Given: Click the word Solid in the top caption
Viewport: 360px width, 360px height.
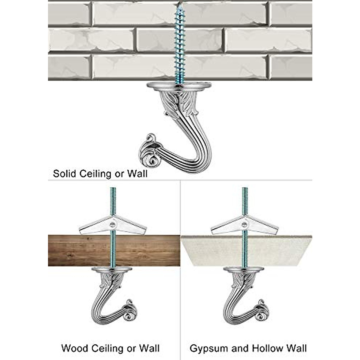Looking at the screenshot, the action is (64, 174).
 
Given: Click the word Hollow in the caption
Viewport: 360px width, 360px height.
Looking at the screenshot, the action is (267, 348).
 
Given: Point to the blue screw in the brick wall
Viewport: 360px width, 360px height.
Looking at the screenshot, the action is (180, 45).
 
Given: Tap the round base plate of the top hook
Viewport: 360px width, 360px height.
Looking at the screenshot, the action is (179, 86).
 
